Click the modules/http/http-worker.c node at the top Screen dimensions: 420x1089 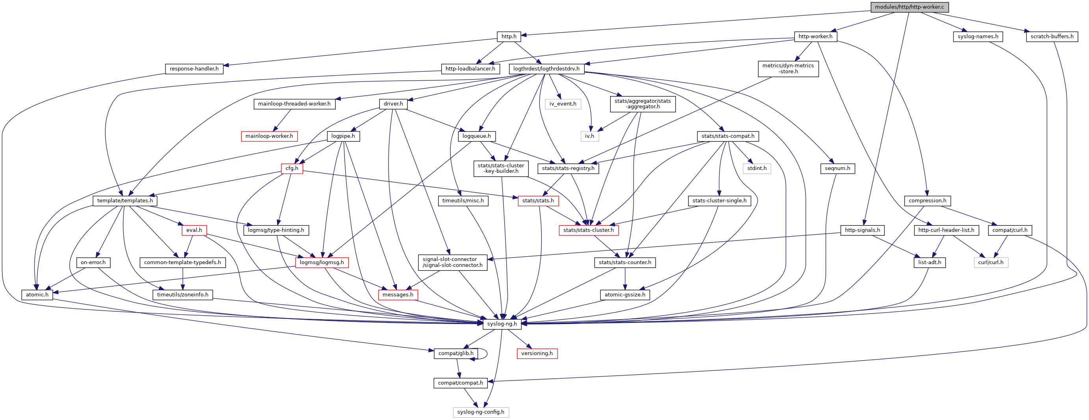[909, 7]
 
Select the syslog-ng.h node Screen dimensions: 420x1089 [502, 324]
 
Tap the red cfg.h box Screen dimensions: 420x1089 [292, 168]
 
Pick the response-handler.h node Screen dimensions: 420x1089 [194, 69]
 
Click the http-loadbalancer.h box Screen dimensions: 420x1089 [470, 69]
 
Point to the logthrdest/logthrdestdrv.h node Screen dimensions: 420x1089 [546, 69]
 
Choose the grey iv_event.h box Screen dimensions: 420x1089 [563, 104]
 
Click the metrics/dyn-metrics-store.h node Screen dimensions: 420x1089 [788, 68]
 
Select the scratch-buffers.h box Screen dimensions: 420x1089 [1052, 37]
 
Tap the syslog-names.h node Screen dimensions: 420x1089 [978, 37]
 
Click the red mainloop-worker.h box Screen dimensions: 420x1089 [269, 136]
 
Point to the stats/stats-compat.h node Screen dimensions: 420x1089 [728, 136]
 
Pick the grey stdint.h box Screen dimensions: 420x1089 [757, 168]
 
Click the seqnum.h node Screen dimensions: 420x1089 [838, 168]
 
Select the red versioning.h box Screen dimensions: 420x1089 [537, 353]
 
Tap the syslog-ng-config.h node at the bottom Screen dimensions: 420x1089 [481, 412]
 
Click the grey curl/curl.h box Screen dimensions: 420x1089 [991, 263]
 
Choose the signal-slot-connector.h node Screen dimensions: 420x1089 [452, 263]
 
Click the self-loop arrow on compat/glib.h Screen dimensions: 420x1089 [486, 353]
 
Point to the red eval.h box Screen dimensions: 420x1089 [194, 230]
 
